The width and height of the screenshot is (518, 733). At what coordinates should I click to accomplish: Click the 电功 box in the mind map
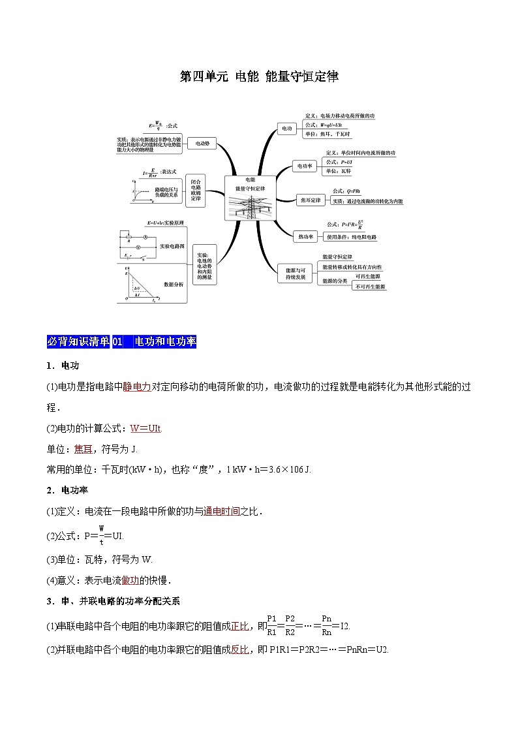tap(286, 129)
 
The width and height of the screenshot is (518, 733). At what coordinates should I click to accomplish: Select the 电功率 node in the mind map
tap(303, 166)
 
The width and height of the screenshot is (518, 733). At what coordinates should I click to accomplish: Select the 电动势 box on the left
tap(202, 143)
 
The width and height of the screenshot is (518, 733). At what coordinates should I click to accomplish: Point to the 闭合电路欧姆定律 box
tap(196, 190)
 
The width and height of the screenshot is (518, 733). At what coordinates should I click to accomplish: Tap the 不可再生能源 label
tap(370, 287)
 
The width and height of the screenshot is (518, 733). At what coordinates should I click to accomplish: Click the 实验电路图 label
tap(172, 247)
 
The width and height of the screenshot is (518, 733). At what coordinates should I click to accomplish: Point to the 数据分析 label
tap(174, 285)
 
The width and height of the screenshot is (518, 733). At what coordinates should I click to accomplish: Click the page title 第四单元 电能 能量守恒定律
tap(259, 76)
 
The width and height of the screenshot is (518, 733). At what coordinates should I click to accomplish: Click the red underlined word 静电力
tap(137, 387)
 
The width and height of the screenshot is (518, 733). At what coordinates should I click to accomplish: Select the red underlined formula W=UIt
tap(145, 428)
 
